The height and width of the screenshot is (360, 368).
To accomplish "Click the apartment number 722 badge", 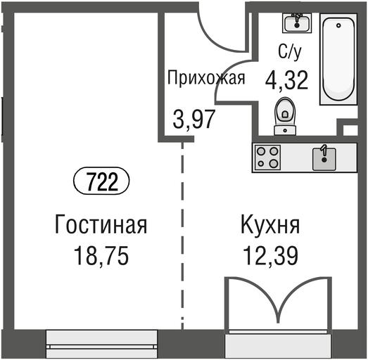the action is [x=101, y=181].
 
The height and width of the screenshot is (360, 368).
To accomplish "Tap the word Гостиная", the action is [x=101, y=224].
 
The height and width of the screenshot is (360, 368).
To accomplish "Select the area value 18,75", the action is [x=101, y=256].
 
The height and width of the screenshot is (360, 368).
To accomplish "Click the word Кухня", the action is [x=270, y=225].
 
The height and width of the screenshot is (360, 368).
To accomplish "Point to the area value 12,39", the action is [x=270, y=256].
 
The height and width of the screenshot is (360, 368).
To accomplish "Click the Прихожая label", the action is [x=206, y=77].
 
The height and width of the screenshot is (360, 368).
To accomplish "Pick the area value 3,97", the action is [x=194, y=119].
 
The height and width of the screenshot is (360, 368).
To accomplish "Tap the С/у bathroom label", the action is [x=289, y=52].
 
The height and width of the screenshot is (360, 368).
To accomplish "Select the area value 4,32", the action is [x=286, y=80].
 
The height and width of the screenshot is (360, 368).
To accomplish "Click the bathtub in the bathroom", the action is [x=338, y=58].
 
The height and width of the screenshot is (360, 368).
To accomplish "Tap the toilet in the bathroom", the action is [x=285, y=116].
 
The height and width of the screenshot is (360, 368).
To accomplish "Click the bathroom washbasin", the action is [x=297, y=22].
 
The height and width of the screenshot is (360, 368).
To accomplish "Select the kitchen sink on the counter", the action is [x=324, y=158].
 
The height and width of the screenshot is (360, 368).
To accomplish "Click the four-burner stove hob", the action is [x=268, y=157].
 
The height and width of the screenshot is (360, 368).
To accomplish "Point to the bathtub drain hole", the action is [x=338, y=25].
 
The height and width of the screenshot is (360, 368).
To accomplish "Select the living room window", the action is [x=101, y=343].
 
